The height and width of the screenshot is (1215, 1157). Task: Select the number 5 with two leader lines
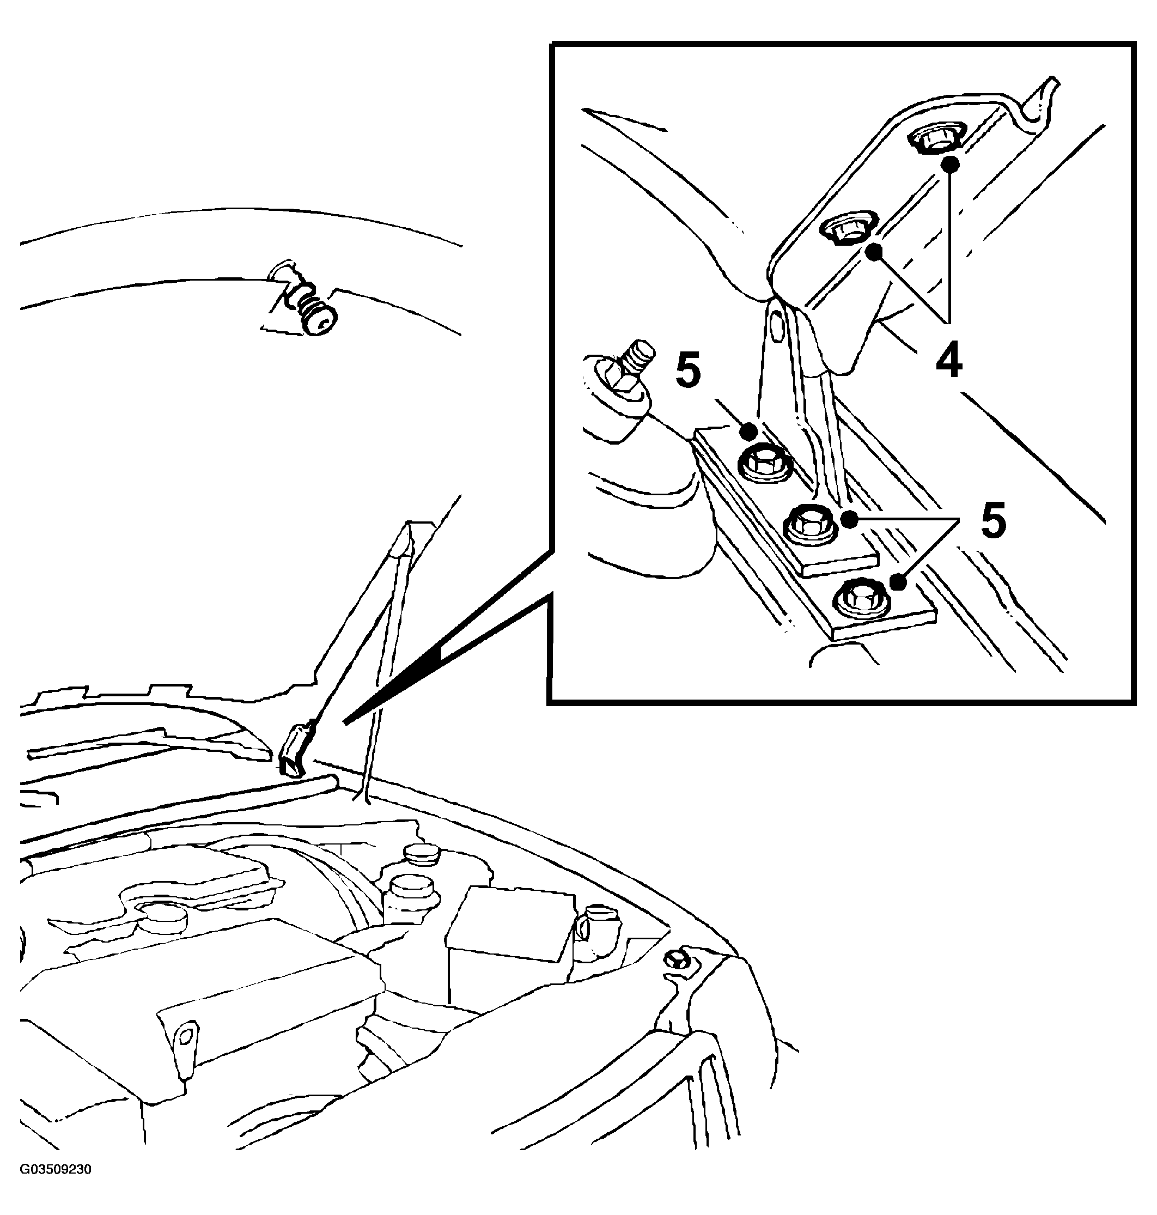[x=992, y=520]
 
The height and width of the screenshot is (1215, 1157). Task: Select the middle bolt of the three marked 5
[x=809, y=525]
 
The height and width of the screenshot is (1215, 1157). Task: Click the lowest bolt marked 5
[x=860, y=597]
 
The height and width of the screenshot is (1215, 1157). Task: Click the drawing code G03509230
[x=56, y=1169]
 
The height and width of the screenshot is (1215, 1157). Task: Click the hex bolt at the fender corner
[x=678, y=959]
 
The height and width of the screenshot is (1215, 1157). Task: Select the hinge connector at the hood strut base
[x=295, y=751]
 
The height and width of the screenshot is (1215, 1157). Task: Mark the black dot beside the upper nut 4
[x=951, y=165]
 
